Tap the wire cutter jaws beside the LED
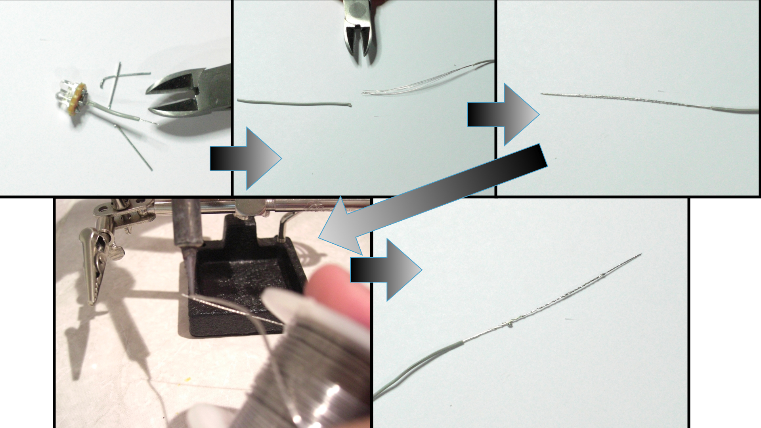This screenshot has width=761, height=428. [178, 95]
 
